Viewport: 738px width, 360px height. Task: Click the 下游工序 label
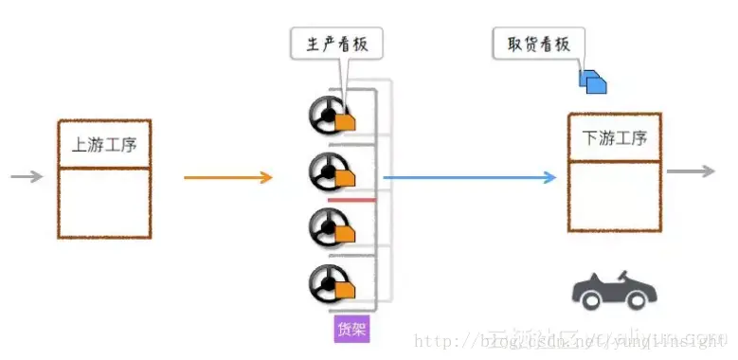click(614, 138)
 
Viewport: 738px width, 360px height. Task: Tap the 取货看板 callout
click(538, 45)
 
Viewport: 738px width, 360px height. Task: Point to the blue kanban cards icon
click(593, 81)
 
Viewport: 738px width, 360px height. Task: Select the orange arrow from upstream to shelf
click(227, 177)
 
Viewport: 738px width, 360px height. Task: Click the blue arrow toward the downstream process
click(469, 177)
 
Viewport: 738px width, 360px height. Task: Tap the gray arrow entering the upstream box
click(27, 176)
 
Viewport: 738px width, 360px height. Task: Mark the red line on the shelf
click(351, 201)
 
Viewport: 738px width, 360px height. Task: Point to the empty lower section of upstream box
click(104, 203)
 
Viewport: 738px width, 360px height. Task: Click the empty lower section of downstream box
click(614, 195)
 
